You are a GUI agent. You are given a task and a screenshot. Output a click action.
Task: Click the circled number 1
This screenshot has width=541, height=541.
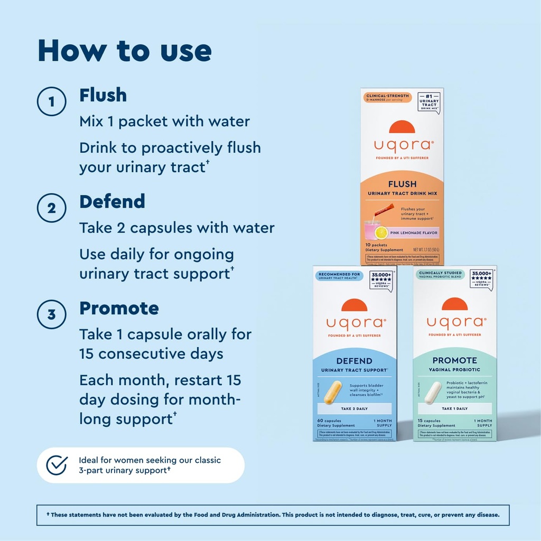pos(51,102)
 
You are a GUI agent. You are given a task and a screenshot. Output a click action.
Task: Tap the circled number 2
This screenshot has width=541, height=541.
pos(51,208)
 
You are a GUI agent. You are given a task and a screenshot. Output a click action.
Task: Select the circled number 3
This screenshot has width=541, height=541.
pos(51,315)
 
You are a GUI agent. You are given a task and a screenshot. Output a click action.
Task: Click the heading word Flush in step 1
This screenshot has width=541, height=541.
pos(103,95)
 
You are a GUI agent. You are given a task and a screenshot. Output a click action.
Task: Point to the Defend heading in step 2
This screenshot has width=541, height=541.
pos(112,201)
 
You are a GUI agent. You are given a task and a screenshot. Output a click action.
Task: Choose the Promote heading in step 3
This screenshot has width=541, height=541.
pos(119,308)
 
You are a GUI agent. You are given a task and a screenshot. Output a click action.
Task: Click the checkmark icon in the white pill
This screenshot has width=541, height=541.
pos(57,465)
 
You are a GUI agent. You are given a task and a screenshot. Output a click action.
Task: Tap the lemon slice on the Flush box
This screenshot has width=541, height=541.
pos(381,232)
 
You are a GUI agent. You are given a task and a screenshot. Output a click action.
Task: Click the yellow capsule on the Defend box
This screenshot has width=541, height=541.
pos(332,393)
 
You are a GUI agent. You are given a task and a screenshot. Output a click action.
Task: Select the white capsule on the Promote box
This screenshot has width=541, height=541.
pos(433,393)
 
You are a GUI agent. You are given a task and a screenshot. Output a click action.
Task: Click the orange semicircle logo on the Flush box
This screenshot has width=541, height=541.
pos(402,127)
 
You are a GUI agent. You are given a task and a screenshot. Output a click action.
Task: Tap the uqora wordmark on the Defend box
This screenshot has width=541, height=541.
pos(355,322)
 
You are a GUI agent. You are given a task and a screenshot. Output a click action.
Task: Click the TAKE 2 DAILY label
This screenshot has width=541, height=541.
pos(355,408)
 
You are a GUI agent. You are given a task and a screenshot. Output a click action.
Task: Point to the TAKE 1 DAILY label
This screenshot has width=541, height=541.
pos(454,408)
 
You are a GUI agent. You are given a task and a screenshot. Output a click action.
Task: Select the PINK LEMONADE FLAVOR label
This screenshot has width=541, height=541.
pos(414,232)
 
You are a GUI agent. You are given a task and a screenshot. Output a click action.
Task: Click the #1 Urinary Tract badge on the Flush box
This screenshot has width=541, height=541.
pos(428,102)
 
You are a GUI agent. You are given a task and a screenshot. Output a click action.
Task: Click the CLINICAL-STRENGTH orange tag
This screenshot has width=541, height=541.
pos(387,97)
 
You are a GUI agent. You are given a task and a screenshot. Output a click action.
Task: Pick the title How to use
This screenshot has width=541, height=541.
pos(125,51)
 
